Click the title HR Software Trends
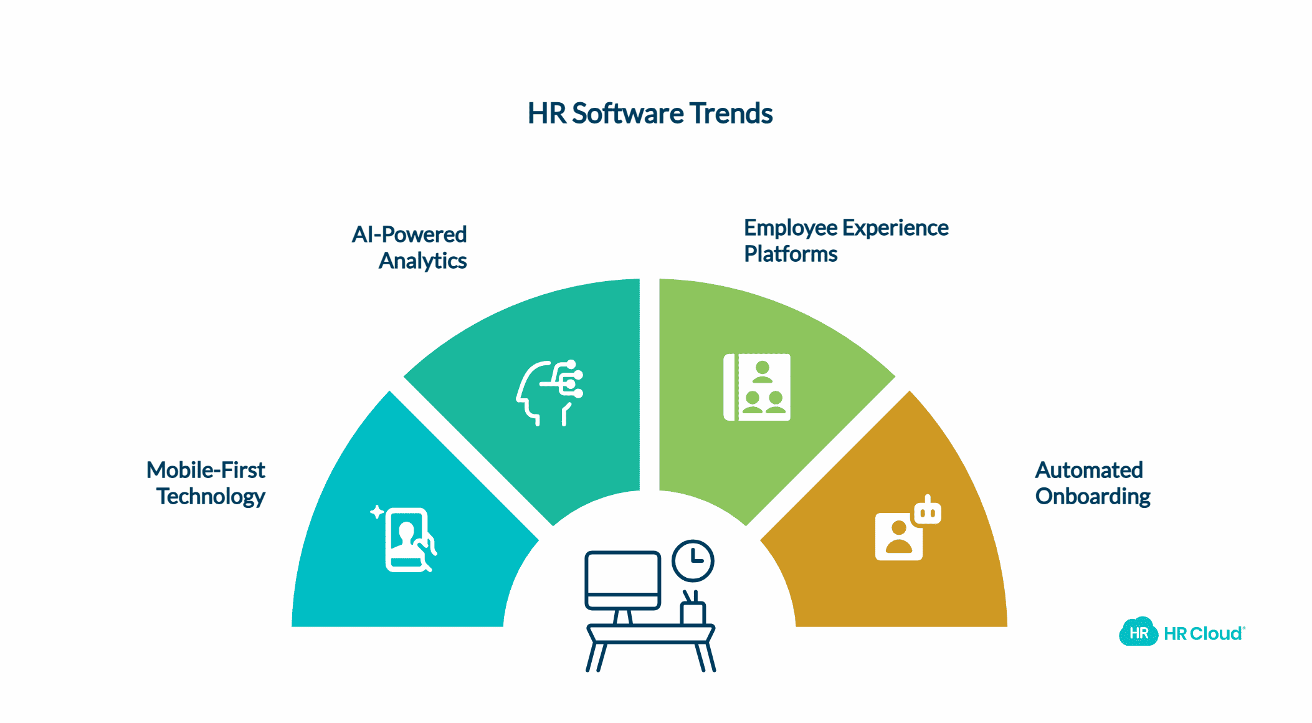[650, 113]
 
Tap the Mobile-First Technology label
[206, 483]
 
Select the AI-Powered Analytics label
[409, 247]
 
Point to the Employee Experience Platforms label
[845, 241]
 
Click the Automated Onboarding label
[1092, 483]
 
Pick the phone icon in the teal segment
[409, 540]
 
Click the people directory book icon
[757, 387]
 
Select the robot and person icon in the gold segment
[907, 529]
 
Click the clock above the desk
[693, 560]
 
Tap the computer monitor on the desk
[622, 580]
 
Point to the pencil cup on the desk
[692, 609]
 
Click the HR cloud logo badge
[1138, 633]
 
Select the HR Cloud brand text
[1203, 634]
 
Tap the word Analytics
[422, 261]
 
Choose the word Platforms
[791, 254]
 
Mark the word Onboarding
[1092, 496]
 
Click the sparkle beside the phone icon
[377, 512]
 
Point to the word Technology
[211, 496]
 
